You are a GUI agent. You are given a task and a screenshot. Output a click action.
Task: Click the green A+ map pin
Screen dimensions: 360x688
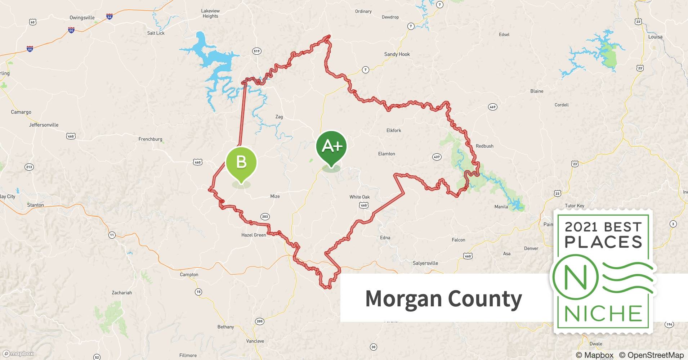[x=331, y=146]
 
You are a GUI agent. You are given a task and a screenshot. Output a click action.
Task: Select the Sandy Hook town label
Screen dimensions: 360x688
[x=397, y=54]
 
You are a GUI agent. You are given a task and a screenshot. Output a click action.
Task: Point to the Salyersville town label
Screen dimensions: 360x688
[x=425, y=263]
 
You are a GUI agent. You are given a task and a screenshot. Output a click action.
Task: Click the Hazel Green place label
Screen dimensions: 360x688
[x=254, y=235]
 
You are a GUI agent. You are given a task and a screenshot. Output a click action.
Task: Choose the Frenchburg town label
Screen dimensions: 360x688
[x=150, y=139]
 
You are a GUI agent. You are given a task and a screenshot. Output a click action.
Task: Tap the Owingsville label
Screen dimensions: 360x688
[x=82, y=18]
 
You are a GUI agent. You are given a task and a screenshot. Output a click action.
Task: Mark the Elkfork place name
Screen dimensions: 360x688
[x=394, y=131]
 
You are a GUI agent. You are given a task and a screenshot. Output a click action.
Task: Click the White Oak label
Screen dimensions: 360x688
[x=359, y=197]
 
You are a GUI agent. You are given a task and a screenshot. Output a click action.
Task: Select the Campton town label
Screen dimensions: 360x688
[x=189, y=275]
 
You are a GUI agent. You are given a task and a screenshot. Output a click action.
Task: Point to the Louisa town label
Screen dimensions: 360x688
[x=655, y=37]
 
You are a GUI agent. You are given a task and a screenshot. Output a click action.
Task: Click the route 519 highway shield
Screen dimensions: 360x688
[x=256, y=51]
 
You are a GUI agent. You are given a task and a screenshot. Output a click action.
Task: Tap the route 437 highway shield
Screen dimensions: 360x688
[x=437, y=157]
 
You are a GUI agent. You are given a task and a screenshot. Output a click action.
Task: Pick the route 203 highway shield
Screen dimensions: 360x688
[x=265, y=216]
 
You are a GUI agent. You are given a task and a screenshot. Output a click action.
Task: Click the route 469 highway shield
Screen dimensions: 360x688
[x=492, y=107]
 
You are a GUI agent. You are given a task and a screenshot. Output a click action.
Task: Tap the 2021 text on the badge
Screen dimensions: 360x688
[x=582, y=227]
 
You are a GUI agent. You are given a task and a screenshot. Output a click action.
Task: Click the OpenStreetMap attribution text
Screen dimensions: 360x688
[x=651, y=355]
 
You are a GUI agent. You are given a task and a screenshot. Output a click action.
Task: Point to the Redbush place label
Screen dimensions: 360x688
[x=484, y=146]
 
